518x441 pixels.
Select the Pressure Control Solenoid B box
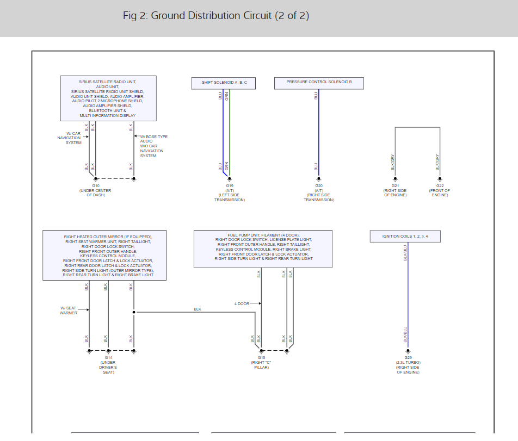[319, 83]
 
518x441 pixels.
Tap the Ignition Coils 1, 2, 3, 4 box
[405, 236]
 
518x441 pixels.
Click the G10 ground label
[96, 186]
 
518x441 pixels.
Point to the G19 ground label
[230, 186]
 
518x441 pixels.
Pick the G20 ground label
[319, 186]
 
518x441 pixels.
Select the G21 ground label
[395, 186]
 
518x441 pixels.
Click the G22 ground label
[440, 186]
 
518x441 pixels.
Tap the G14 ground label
[108, 358]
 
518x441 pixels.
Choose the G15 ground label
[262, 358]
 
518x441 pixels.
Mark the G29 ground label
[408, 358]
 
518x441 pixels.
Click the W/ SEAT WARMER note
[69, 310]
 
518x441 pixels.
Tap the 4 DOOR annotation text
[242, 303]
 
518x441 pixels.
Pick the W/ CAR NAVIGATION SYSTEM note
[69, 138]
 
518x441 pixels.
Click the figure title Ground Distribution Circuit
[216, 15]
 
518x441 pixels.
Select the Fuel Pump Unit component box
[263, 249]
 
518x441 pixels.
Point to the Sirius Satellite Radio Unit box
[108, 98]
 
